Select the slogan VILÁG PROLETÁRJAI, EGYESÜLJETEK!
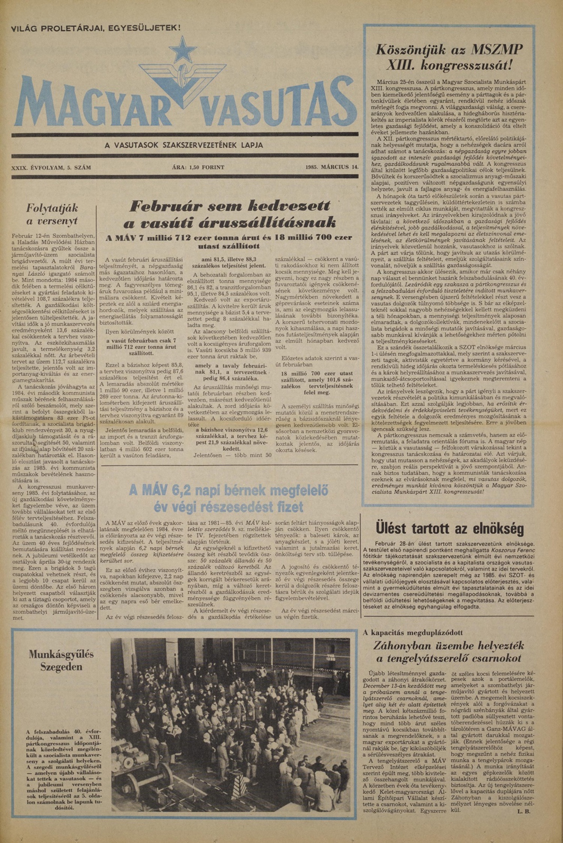pos(96,28)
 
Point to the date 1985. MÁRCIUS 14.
pos(332,167)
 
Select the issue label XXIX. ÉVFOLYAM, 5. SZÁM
pos(51,167)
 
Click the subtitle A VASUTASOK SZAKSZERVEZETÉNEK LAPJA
pos(184,145)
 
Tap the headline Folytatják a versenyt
pos(52,214)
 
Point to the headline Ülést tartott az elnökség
pos(449,528)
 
